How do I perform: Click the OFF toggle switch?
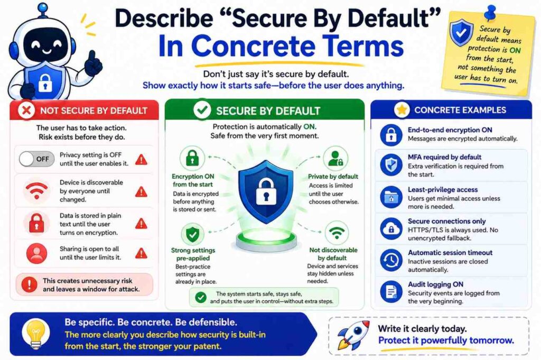(x=36, y=159)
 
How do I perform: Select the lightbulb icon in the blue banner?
(x=35, y=334)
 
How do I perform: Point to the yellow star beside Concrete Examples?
(x=402, y=110)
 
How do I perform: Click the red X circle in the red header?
(x=26, y=111)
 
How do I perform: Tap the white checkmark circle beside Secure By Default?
(x=202, y=110)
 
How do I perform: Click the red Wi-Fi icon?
(x=36, y=191)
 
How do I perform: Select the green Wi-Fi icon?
(x=337, y=233)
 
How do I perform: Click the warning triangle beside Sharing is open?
(x=141, y=254)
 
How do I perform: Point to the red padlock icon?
(x=36, y=223)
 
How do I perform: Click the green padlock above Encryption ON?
(x=192, y=158)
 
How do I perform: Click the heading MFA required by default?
(x=444, y=157)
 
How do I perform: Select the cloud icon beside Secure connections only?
(x=391, y=229)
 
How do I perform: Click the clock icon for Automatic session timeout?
(x=391, y=260)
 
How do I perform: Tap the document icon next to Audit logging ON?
(x=391, y=292)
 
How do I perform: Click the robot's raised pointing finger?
(x=92, y=56)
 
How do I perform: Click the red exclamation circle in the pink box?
(x=30, y=284)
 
